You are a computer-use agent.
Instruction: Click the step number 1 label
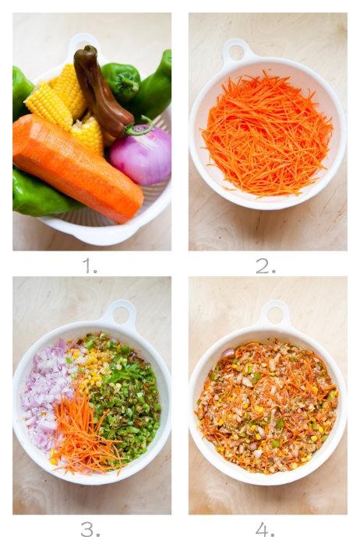point(89,265)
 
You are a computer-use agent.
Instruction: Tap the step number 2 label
point(266,265)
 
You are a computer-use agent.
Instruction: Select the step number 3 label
point(90,528)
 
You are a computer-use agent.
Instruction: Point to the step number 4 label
point(265,528)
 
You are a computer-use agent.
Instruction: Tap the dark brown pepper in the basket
point(101,93)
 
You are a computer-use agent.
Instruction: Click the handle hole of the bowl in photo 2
point(236,52)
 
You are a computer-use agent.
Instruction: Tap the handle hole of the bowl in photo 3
point(121,314)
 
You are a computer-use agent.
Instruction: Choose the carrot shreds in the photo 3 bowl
point(84,435)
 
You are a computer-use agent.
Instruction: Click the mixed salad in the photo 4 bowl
point(266,407)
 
